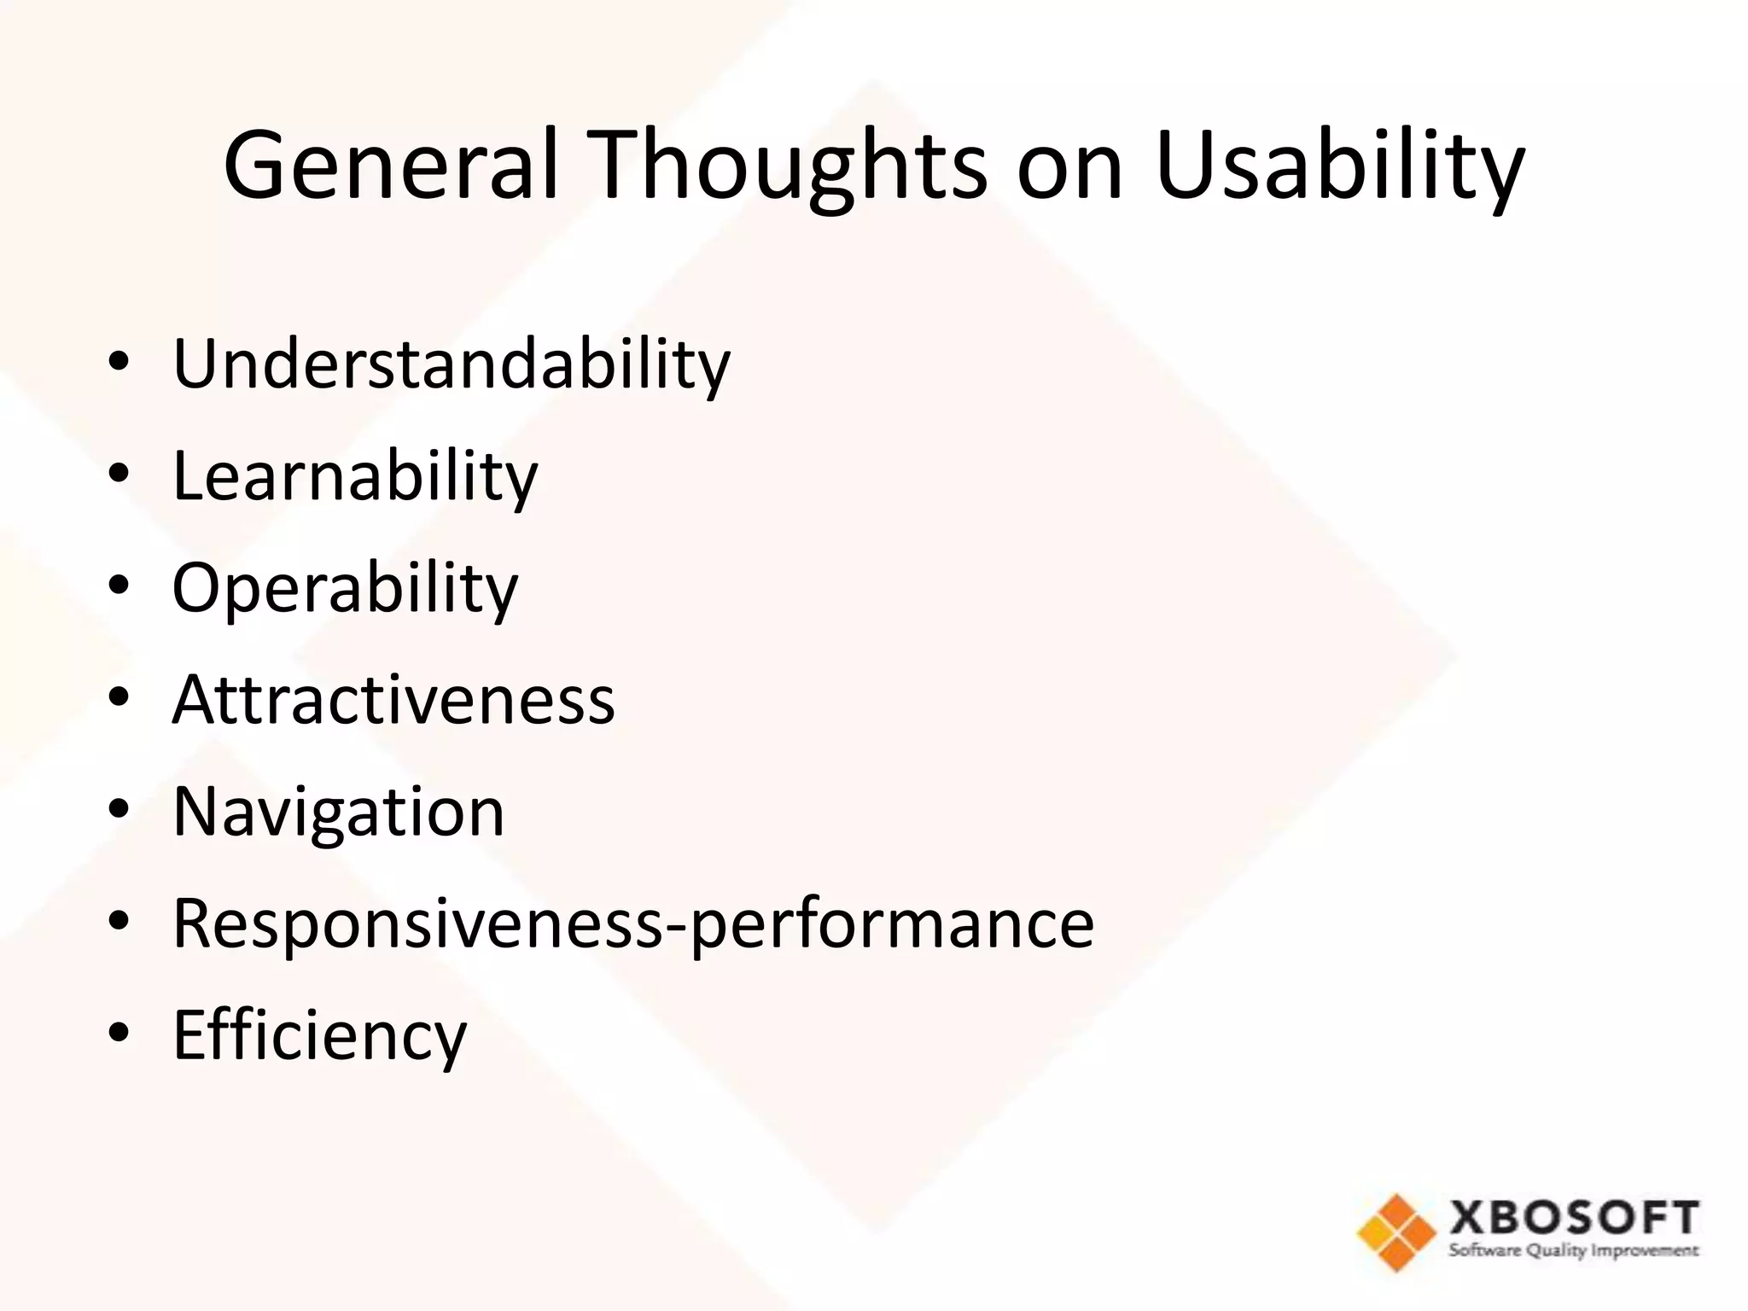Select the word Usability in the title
click(1339, 164)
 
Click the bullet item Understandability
click(452, 364)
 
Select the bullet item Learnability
click(355, 476)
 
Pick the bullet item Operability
click(345, 588)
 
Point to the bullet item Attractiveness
click(393, 699)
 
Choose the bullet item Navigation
click(338, 812)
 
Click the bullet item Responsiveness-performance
click(632, 923)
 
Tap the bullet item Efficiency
click(320, 1035)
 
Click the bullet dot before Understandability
click(119, 363)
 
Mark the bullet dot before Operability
click(119, 586)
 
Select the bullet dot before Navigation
click(119, 808)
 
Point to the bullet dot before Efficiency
click(119, 1032)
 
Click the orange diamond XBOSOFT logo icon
click(1396, 1232)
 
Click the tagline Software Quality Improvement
click(1574, 1251)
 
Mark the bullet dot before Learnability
click(119, 474)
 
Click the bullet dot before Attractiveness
click(119, 697)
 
